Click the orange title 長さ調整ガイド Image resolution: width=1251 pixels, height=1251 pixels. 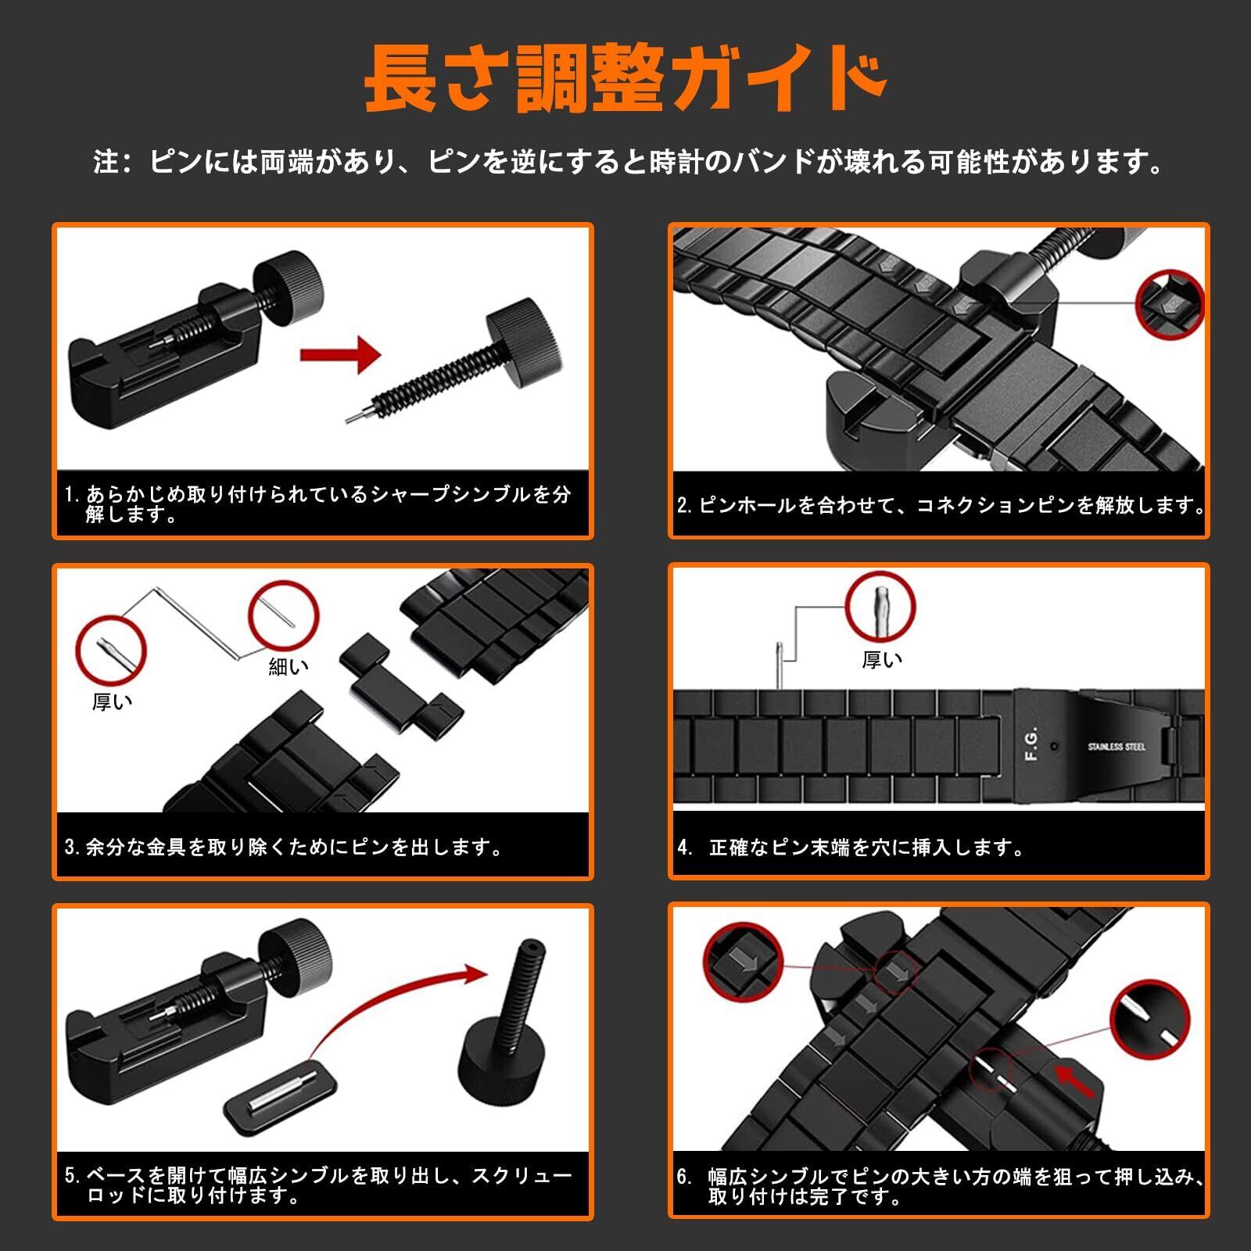coord(625,79)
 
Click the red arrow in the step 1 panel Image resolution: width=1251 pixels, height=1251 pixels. coord(340,354)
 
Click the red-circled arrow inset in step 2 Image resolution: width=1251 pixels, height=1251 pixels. coord(1170,306)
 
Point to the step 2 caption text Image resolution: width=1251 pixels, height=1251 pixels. coord(941,505)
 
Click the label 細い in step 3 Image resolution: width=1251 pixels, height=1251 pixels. coord(289,666)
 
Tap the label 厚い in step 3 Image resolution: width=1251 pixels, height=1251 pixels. coord(112,702)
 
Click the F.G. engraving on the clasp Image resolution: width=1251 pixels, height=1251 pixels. coord(1031,744)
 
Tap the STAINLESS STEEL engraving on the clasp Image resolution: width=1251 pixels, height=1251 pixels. coord(1117,747)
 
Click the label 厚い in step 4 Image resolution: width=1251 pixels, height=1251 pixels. coord(882,660)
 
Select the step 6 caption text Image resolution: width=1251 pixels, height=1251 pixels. coord(941,1186)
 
